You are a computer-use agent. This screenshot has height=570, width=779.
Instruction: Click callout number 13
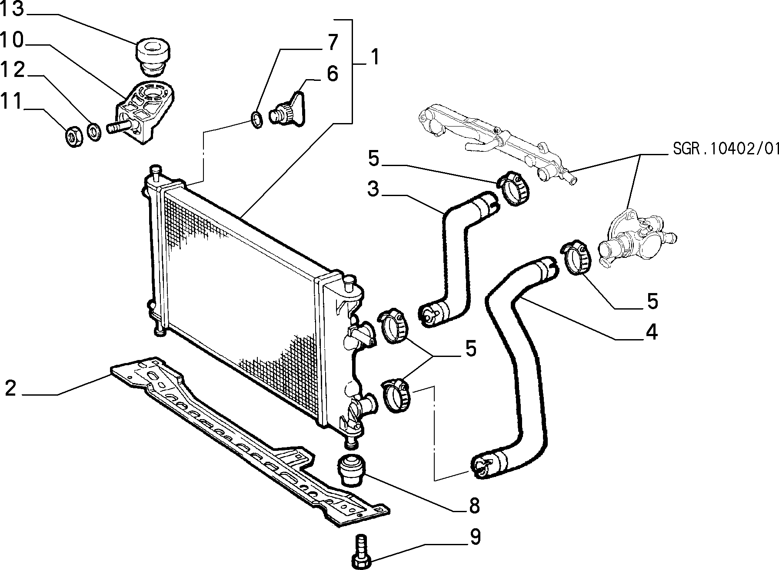(x=11, y=9)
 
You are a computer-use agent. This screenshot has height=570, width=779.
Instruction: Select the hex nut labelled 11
(x=72, y=137)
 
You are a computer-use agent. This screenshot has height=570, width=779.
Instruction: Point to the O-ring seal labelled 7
(x=257, y=119)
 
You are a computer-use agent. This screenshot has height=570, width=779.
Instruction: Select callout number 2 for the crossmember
(x=10, y=388)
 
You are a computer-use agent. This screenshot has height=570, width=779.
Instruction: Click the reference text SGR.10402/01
(x=726, y=149)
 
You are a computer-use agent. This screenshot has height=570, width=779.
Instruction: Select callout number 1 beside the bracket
(x=375, y=57)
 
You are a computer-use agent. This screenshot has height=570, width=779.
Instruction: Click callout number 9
(x=475, y=537)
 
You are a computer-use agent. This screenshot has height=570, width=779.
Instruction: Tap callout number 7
(x=332, y=42)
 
